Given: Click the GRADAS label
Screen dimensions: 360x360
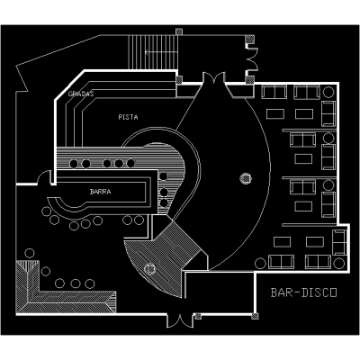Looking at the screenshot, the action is coord(81,94).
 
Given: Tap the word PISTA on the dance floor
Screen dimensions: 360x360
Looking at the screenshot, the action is coord(128,117).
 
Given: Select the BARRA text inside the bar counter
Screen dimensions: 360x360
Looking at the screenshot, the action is coord(100,192).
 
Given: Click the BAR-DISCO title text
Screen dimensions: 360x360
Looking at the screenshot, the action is coord(304,292).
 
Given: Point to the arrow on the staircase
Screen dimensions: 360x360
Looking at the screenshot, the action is coord(161,52).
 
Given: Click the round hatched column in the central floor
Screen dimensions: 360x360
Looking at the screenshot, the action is coord(246,178).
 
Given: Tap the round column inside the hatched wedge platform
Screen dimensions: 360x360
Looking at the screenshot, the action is coord(149,268).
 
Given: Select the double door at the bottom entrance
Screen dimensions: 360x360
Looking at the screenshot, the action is coord(180,320).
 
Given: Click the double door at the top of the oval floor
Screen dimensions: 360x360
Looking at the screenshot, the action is coord(213,78).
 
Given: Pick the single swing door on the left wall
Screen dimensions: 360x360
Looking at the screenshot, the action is coord(44,177).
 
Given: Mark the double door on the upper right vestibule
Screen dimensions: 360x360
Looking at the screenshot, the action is coord(252,59).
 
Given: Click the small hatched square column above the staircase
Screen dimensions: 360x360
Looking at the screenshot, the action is coord(179,31).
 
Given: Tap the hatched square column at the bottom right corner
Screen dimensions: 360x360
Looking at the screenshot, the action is coord(255,316).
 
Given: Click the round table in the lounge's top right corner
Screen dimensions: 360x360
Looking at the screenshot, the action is coord(328,92).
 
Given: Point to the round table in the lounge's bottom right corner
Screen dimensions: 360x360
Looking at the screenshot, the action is coord(339,264).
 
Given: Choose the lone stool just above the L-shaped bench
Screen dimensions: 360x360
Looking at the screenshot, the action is coord(30,253).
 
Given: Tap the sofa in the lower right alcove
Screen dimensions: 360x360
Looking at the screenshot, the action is coord(340,242).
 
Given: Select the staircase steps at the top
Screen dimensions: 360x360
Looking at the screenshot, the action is coord(153,53).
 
